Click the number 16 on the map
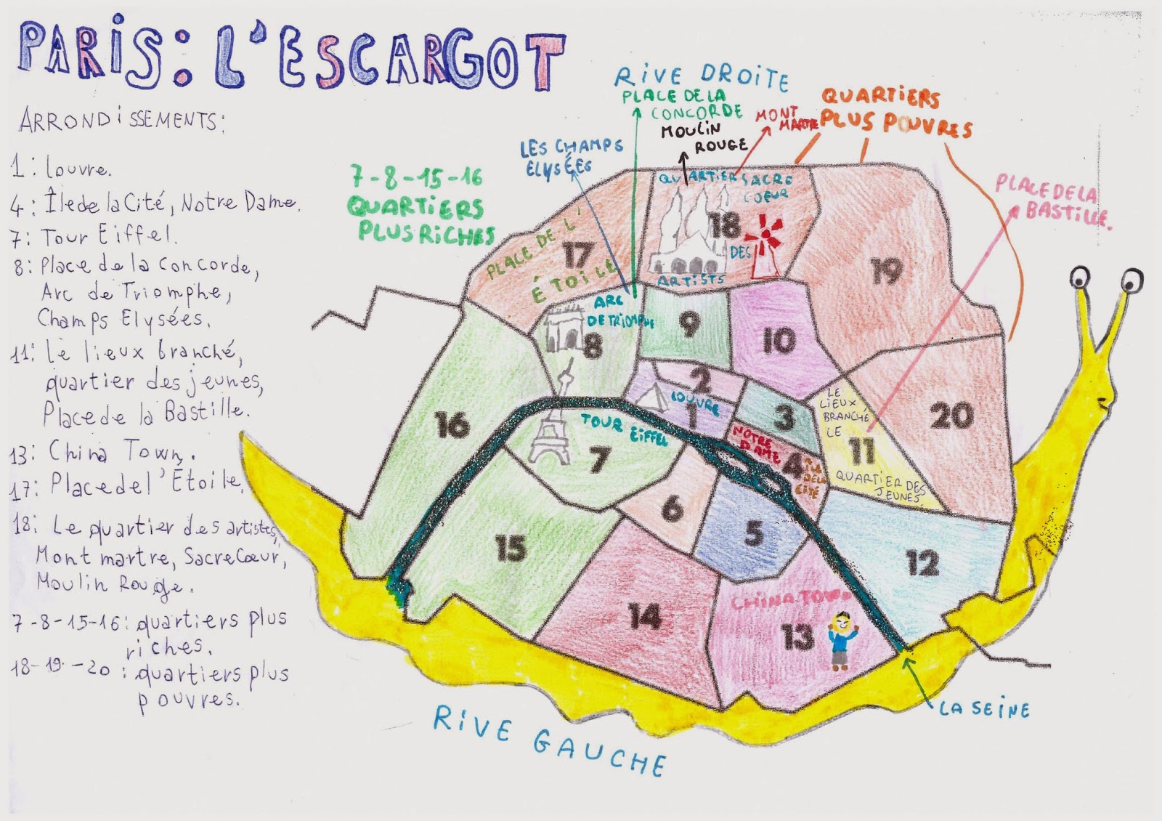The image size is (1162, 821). point(452,425)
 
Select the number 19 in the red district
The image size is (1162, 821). point(887,271)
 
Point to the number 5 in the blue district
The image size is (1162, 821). point(754,534)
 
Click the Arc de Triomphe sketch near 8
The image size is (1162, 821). point(561,331)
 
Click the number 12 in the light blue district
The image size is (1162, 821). point(922,564)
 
